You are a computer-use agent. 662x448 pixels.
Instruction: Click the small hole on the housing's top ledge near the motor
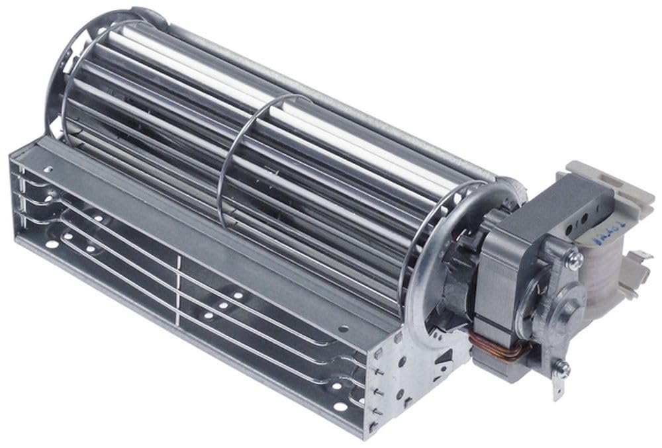[x=342, y=328]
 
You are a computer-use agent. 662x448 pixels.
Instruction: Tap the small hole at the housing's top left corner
[x=48, y=170]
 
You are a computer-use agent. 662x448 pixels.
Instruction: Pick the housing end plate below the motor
[x=424, y=371]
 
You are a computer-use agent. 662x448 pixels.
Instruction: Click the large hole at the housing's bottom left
[x=49, y=244]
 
